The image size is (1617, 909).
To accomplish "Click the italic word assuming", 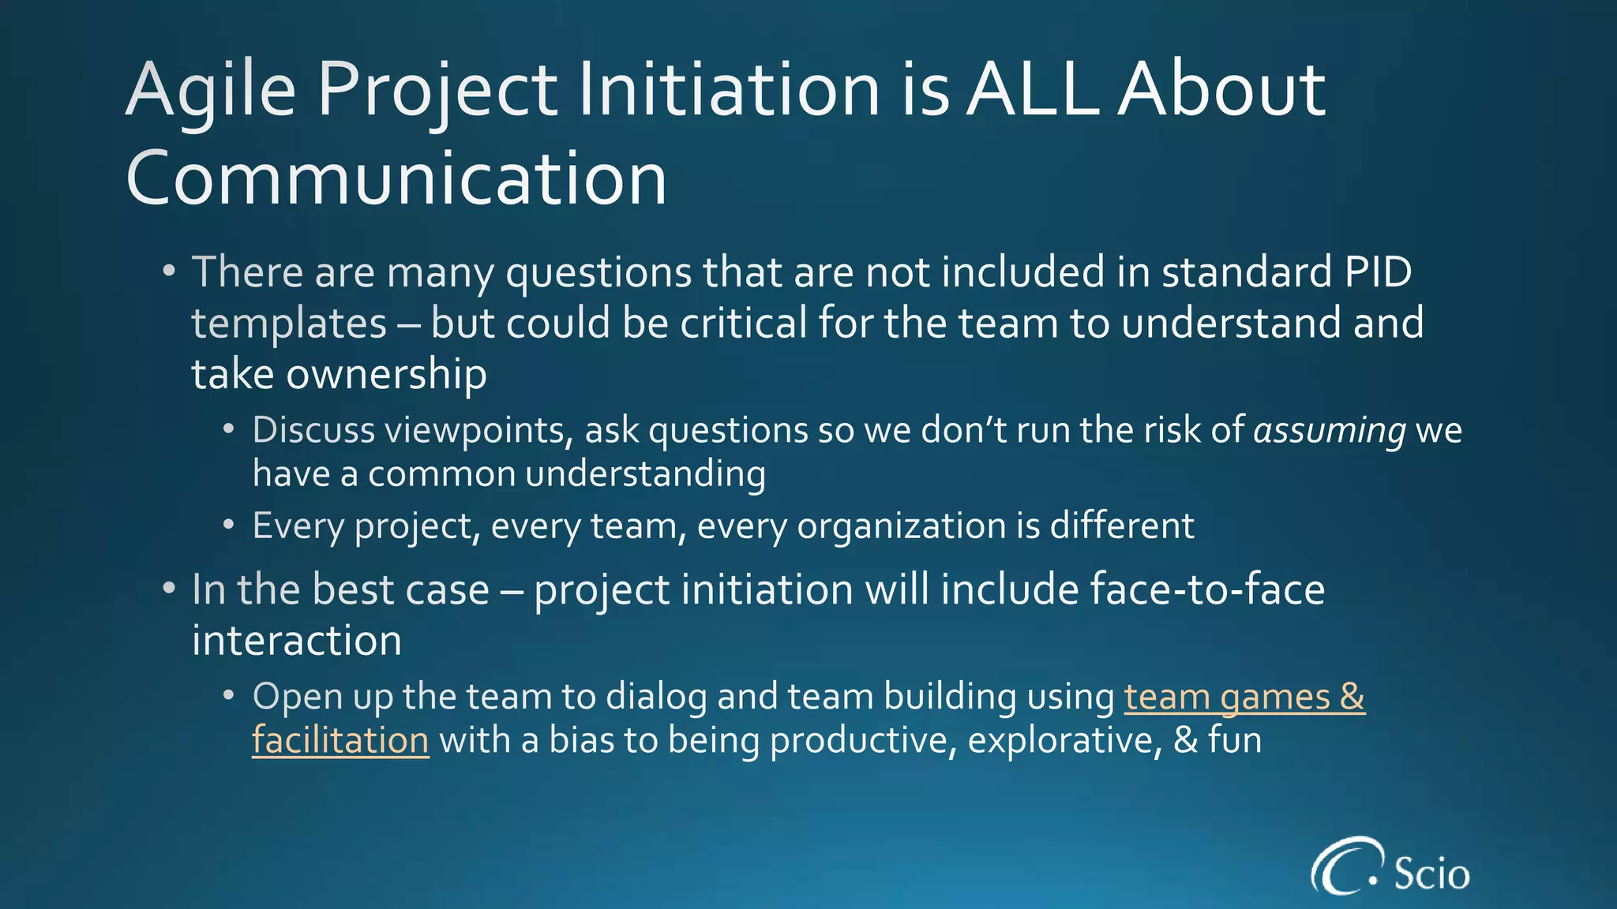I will point(1330,431).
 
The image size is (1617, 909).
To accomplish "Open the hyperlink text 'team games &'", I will point(1244,697).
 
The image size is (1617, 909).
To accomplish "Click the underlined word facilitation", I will point(340,741).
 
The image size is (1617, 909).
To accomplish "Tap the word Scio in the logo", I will point(1431,873).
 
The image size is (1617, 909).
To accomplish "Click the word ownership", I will point(386,374).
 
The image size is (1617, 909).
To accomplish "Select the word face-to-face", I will point(1207,589).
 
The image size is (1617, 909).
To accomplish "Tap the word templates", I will point(289,324).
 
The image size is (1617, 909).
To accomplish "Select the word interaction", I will point(297,640).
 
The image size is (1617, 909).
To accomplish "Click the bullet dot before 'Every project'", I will point(229,525).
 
